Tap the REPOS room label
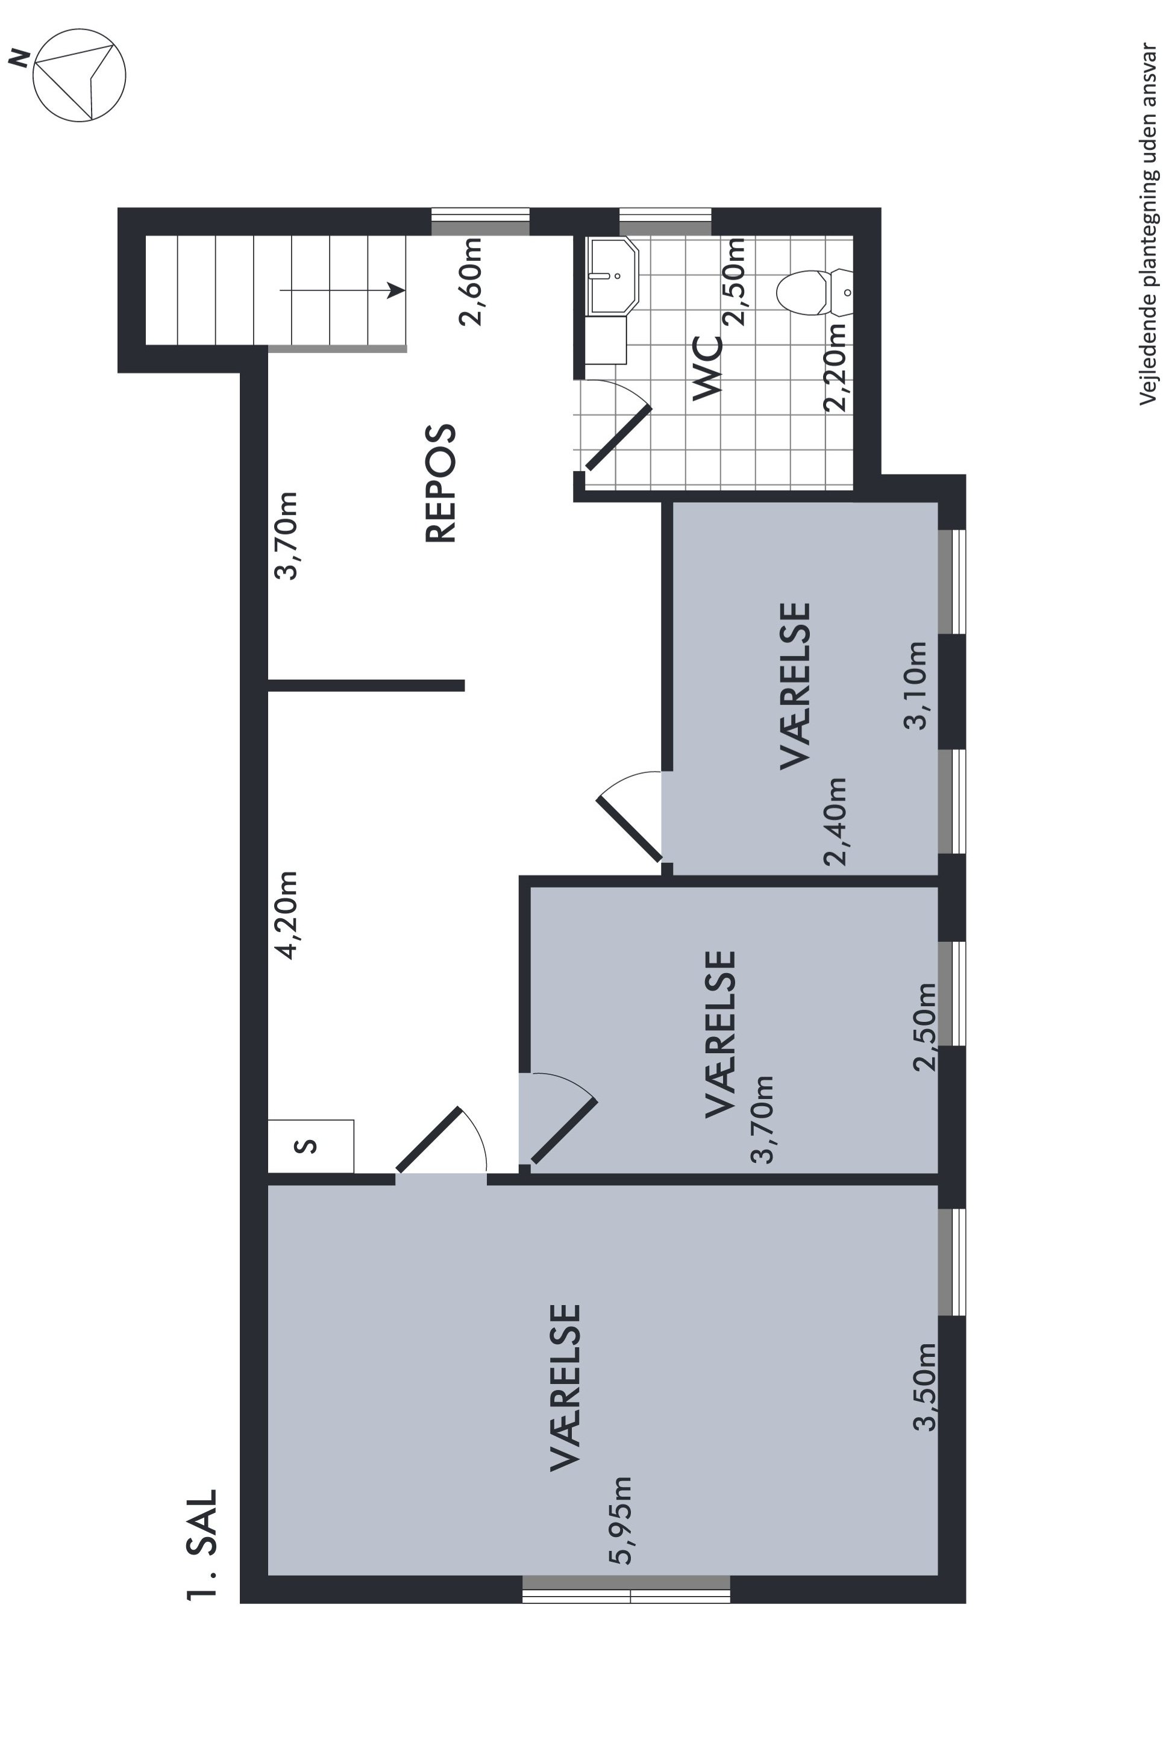[440, 483]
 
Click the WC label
[707, 367]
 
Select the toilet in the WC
[815, 292]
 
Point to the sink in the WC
[612, 276]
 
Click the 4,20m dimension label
[286, 915]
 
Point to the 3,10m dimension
[916, 685]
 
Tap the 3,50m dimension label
[925, 1387]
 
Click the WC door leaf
[618, 438]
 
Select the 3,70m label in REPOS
[286, 536]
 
